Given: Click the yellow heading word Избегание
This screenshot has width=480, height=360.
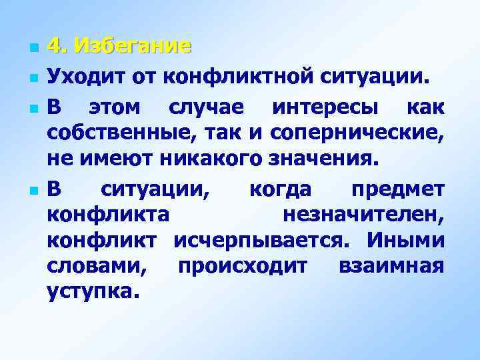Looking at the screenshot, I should (x=133, y=47).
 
